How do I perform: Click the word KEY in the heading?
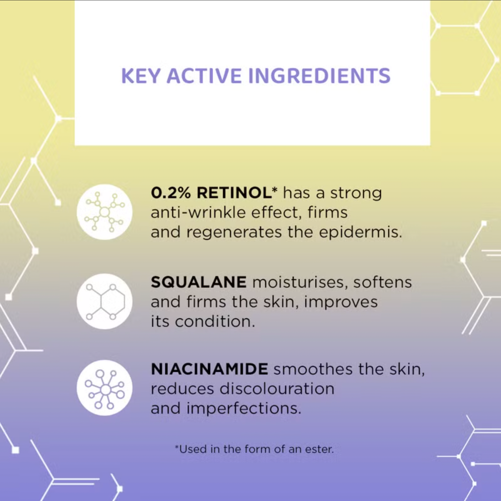140,76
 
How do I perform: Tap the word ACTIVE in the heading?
204,76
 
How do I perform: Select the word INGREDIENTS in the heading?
319,76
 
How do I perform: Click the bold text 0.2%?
171,193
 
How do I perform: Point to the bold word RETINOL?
234,193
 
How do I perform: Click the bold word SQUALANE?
198,282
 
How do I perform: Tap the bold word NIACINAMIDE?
209,369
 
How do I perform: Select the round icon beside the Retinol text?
104,212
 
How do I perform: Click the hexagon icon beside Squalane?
104,301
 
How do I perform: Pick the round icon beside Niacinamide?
104,388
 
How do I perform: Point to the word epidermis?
360,232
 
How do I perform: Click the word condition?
215,321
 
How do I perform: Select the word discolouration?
277,389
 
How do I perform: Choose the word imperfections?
244,408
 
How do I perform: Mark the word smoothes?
313,369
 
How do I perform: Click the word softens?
382,282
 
